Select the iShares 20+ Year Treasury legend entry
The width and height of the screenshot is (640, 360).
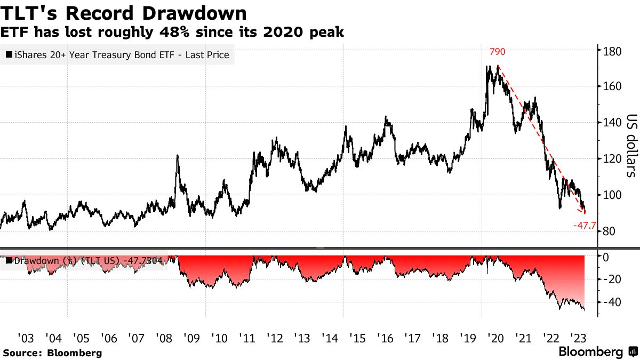click(x=117, y=54)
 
